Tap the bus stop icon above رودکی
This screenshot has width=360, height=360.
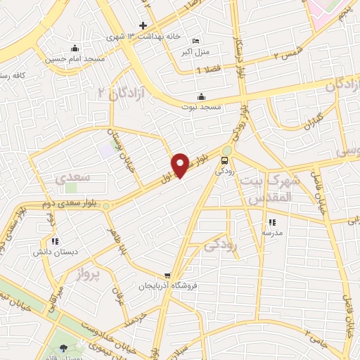click(225, 159)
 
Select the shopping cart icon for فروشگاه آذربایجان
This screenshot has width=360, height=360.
click(167, 276)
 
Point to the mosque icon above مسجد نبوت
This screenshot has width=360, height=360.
click(202, 96)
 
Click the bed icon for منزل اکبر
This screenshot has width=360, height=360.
click(195, 41)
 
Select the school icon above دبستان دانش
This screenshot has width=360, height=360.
click(55, 240)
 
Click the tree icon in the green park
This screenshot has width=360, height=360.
click(64, 348)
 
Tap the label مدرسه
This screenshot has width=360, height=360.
click(272, 232)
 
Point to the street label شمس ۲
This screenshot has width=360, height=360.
click(286, 51)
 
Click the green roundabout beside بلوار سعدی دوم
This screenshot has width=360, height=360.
click(106, 206)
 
